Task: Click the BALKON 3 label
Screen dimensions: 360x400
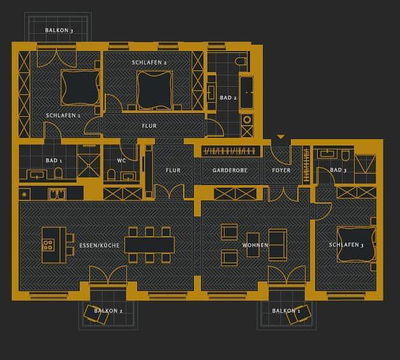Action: tap(59, 31)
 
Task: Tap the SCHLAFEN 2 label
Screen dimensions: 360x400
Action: tap(149, 62)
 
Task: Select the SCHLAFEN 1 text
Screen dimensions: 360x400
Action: tap(63, 115)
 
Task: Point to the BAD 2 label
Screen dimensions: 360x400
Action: tap(228, 98)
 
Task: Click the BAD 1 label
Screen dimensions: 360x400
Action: tap(54, 160)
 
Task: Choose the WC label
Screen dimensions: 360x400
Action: tap(120, 160)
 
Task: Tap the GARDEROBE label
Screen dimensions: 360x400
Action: tap(229, 171)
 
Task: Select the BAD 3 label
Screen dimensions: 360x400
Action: tap(338, 171)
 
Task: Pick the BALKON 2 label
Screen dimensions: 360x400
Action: tap(107, 311)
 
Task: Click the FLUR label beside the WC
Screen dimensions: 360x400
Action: tap(173, 171)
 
